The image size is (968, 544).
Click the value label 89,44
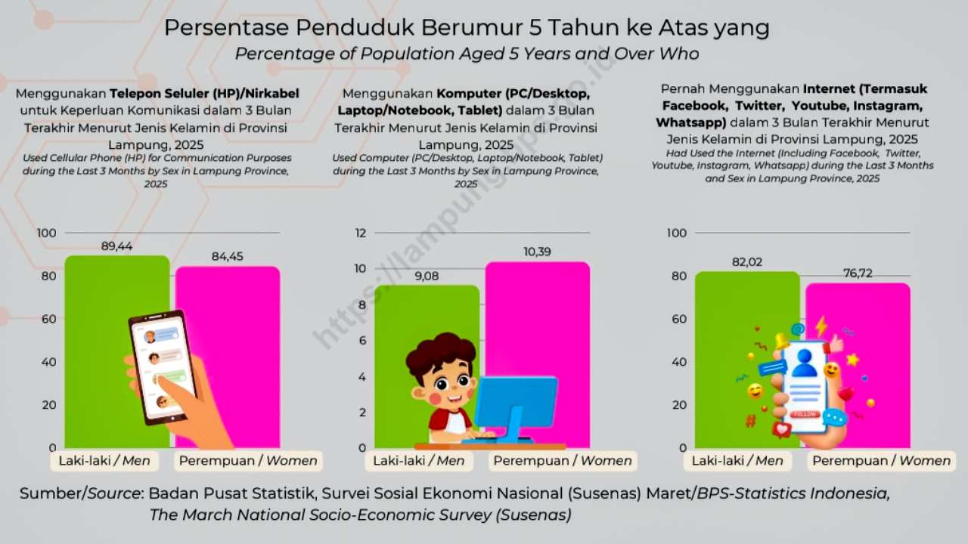117,246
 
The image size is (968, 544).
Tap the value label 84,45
228,257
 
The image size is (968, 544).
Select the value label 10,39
537,252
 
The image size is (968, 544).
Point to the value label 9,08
427,276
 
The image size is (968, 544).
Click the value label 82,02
747,262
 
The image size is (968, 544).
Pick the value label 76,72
858,274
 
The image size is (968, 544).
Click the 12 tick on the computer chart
361,233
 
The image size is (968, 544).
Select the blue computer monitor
516,401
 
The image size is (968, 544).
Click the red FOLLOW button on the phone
805,415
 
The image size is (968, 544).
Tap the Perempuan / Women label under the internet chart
881,461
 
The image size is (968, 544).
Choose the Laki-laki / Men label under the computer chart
419,461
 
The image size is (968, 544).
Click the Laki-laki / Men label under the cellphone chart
101,461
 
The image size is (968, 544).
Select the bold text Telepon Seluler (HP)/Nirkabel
204,94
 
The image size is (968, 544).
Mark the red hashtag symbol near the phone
750,421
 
